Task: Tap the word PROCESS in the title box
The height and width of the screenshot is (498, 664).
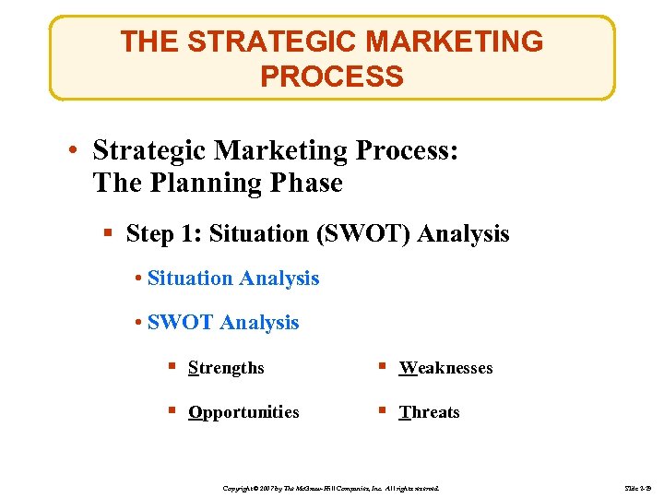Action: (x=332, y=76)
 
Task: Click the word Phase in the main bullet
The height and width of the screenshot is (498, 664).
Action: (x=305, y=183)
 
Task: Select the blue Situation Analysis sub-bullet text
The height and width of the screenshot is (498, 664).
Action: (x=233, y=278)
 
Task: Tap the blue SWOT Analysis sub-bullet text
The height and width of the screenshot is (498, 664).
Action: (x=223, y=322)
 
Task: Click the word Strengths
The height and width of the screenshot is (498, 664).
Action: (x=226, y=368)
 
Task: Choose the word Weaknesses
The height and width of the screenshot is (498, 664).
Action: (x=446, y=368)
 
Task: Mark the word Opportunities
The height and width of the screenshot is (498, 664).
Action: (x=243, y=412)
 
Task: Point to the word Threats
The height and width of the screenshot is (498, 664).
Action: (x=430, y=412)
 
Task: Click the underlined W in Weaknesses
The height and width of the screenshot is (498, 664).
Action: (x=407, y=368)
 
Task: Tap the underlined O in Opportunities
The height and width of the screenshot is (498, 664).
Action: (x=194, y=412)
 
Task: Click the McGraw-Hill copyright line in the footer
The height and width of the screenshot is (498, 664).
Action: (x=331, y=486)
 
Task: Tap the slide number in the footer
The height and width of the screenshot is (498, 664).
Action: (x=636, y=486)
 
